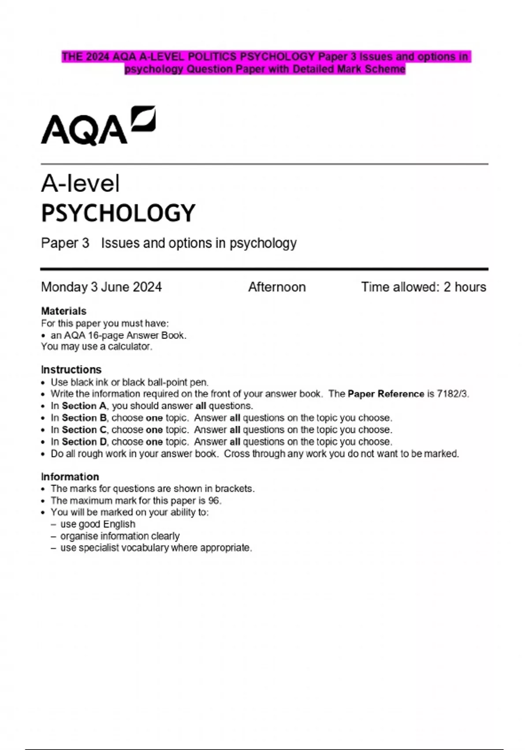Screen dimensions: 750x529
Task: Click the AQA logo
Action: pos(98,126)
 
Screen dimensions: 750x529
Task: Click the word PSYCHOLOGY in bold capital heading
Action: pos(118,213)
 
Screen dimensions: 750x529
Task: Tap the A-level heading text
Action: pos(80,184)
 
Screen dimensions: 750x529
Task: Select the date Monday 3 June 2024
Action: pos(101,287)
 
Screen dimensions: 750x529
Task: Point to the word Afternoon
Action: pos(277,287)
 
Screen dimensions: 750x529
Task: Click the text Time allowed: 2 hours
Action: pos(424,287)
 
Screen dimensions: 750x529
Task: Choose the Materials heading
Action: pos(63,311)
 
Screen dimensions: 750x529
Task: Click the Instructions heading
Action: pos(71,370)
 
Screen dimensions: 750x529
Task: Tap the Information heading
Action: pos(70,477)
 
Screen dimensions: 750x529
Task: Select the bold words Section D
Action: pos(84,442)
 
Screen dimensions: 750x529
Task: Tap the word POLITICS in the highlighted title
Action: pos(212,57)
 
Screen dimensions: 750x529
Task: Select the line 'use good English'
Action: pos(98,524)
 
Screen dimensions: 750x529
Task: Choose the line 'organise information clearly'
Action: pos(120,536)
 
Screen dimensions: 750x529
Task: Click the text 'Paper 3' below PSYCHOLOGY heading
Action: pos(65,243)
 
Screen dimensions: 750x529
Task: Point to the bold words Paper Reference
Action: pos(386,394)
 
